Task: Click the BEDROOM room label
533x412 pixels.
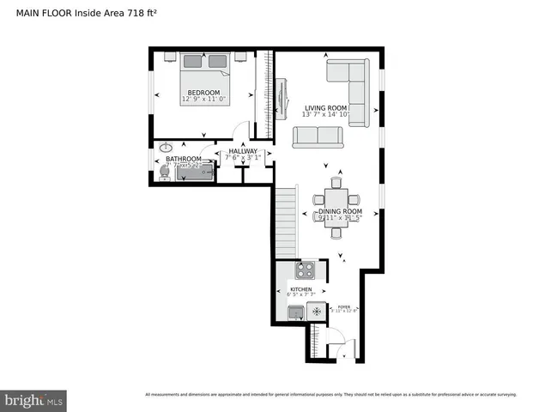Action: tap(204, 93)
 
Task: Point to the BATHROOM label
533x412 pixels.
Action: tap(184, 159)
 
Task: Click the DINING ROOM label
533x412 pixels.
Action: tap(340, 210)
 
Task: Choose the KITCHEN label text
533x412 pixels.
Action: tap(300, 290)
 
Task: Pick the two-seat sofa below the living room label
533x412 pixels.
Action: tap(318, 136)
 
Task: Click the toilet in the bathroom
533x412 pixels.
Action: tap(164, 172)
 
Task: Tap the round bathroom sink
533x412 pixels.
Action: tap(166, 147)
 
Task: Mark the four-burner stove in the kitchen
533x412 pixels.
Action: tap(306, 270)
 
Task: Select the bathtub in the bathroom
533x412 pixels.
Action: tap(196, 173)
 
